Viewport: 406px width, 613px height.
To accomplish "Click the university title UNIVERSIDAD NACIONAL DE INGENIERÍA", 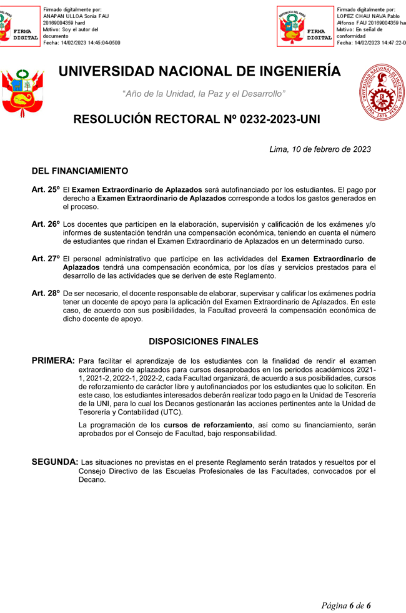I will pos(200,72).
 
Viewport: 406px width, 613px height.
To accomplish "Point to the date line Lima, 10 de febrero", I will pos(320,149).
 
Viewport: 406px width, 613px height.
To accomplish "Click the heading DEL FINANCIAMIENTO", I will pos(80,171).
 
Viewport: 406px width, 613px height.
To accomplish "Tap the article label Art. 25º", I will pos(46,189).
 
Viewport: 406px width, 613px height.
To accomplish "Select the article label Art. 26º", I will pos(46,224).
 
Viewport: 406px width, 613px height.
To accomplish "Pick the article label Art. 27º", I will pos(46,258).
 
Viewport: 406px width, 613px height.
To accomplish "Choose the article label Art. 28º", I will pos(46,292).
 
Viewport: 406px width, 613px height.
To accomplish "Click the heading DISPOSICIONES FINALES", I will pos(204,341).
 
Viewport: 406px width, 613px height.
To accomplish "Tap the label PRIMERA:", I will pos(53,361).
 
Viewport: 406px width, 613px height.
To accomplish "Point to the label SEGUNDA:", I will pos(55,462).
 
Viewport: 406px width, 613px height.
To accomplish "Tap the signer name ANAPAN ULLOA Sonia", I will pos(71,16).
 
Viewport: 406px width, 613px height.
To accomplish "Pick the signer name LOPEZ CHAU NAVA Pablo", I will pos(367,16).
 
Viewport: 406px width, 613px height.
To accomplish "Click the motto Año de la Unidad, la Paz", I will pos(204,94).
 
